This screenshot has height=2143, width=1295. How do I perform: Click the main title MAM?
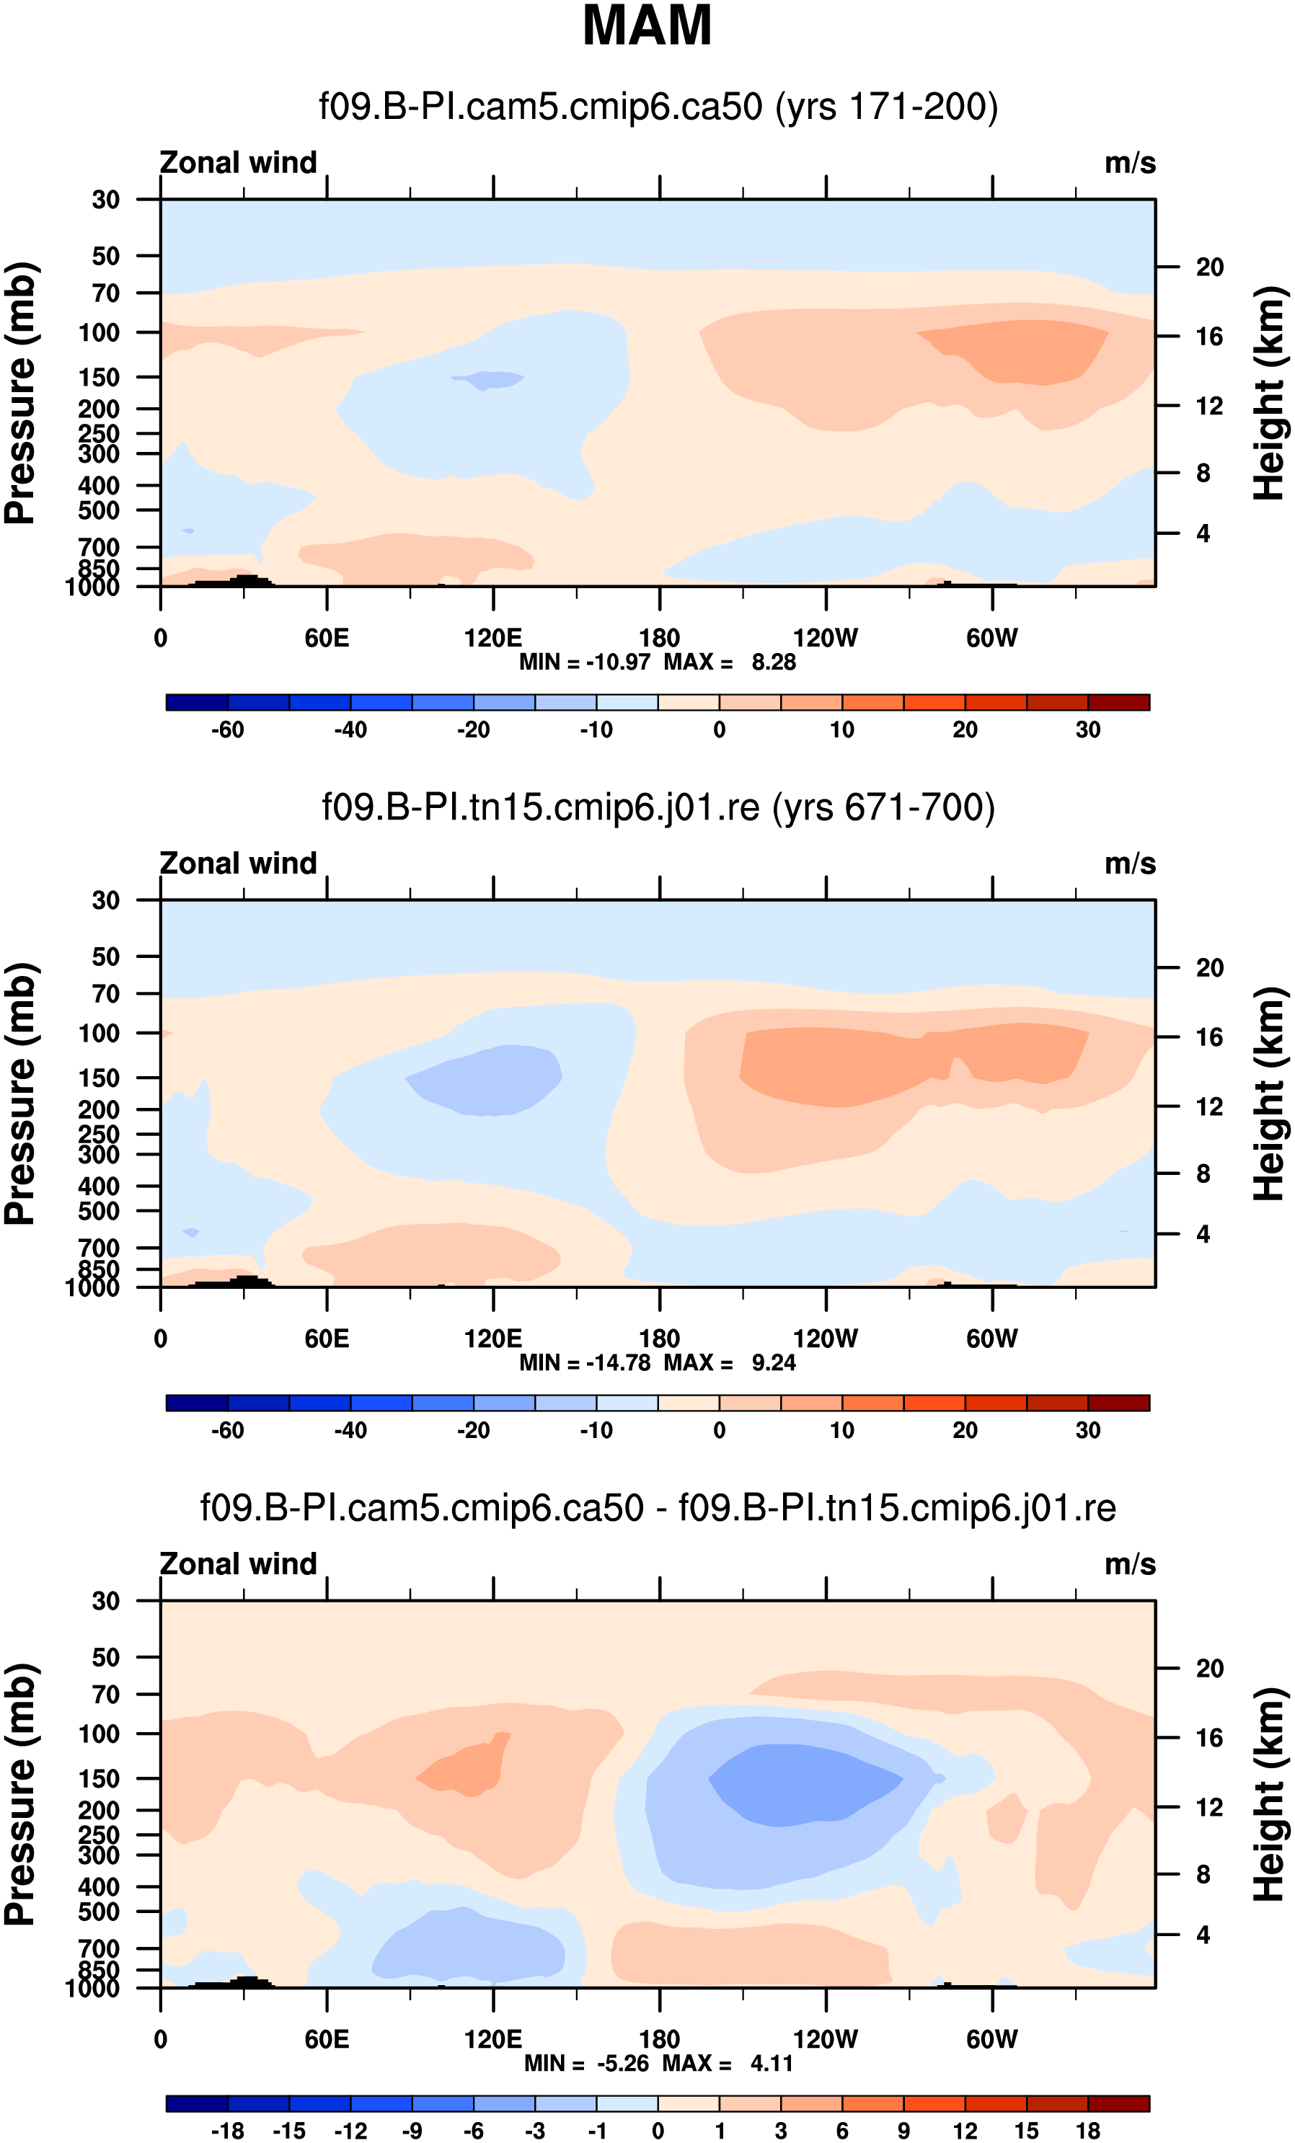click(647, 26)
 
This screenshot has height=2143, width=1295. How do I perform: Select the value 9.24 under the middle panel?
click(773, 1363)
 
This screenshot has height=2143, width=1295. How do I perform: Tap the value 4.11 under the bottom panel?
click(772, 2063)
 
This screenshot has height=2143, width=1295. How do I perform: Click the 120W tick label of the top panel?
click(826, 639)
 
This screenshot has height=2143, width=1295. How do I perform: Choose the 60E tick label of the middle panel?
click(327, 1339)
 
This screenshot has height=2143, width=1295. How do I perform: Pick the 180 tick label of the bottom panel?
click(659, 2039)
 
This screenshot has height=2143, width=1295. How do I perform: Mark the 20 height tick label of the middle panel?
click(1209, 968)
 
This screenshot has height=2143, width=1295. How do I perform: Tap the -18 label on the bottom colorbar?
click(228, 2131)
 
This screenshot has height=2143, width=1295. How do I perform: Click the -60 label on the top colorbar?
click(228, 729)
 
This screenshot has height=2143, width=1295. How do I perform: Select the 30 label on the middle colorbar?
click(1088, 1431)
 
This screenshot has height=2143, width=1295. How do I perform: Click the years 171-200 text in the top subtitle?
click(886, 107)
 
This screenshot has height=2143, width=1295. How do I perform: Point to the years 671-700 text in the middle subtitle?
click(883, 808)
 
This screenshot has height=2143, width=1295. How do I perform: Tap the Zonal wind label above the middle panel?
click(238, 864)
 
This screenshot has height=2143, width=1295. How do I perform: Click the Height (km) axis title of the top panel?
click(1269, 393)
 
